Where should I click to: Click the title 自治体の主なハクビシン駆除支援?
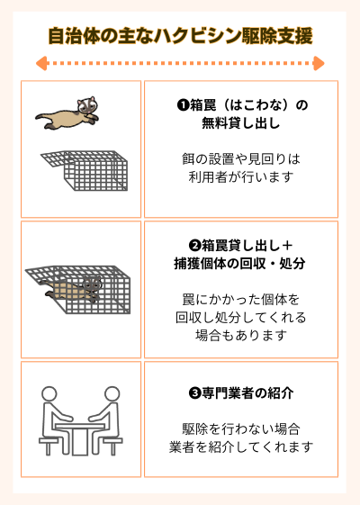tap(180, 36)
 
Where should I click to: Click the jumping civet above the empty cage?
tap(69, 112)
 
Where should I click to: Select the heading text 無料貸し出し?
tap(241, 123)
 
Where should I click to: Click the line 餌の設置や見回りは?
tap(241, 159)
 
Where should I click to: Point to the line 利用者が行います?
tap(241, 176)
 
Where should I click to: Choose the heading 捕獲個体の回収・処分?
tap(241, 264)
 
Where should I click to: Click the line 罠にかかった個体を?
tap(241, 300)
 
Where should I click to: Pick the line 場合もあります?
tap(241, 335)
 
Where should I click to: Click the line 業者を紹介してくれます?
tap(241, 446)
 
